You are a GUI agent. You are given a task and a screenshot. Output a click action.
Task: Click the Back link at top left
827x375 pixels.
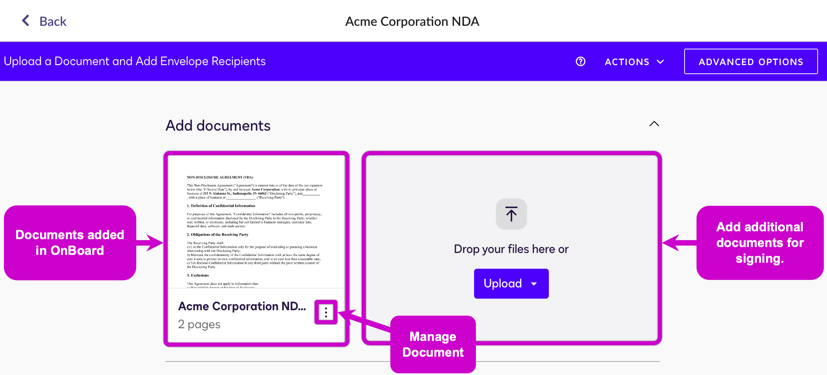(52, 21)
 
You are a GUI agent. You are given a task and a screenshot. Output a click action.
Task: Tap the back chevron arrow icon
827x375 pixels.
(25, 21)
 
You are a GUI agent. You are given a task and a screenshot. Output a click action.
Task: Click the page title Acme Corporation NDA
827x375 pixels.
(412, 21)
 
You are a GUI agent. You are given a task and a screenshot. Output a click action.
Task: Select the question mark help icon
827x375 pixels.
(580, 61)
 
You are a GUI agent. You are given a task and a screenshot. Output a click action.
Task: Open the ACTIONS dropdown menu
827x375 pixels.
(634, 62)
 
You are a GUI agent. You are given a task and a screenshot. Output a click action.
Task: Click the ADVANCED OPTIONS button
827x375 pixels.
(751, 62)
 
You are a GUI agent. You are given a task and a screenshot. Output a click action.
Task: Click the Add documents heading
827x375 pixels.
(218, 126)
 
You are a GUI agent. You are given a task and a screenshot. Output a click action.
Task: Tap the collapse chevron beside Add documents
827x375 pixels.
(654, 124)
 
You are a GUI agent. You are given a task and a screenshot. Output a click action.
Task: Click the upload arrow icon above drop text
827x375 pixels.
(511, 214)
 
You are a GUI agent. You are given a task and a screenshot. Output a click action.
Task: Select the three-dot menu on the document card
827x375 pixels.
(326, 312)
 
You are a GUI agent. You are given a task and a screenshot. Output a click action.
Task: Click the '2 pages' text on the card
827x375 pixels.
(199, 324)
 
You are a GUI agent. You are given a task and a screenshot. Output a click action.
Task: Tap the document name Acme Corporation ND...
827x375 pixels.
(242, 306)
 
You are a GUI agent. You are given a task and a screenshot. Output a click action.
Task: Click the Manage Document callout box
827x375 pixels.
(433, 344)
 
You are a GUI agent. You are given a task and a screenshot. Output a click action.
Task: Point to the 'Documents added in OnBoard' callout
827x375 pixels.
(70, 243)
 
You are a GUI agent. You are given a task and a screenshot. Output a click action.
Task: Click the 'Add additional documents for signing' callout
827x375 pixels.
(760, 243)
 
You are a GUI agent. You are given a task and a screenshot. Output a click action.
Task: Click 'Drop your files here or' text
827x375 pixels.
(511, 249)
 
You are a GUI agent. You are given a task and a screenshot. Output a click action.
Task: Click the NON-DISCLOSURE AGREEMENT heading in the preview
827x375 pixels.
(220, 177)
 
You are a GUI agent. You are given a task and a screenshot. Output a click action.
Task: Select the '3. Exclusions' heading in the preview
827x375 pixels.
(198, 275)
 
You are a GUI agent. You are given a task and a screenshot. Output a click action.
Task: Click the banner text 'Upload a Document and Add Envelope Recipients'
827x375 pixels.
(135, 61)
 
